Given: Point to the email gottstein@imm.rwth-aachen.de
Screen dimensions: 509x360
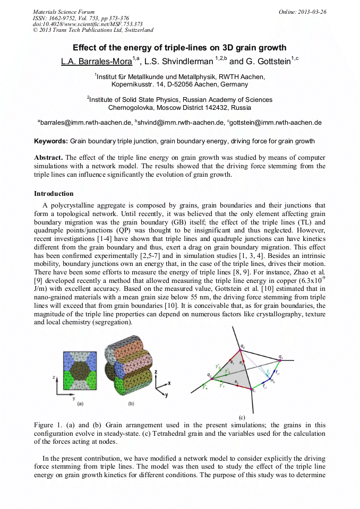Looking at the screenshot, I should coord(276,123).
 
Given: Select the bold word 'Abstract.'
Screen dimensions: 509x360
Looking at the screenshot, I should coord(48,158).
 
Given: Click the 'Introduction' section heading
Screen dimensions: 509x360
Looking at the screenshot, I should coord(54,193).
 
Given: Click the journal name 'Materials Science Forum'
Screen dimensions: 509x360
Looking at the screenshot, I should coord(64,12).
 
